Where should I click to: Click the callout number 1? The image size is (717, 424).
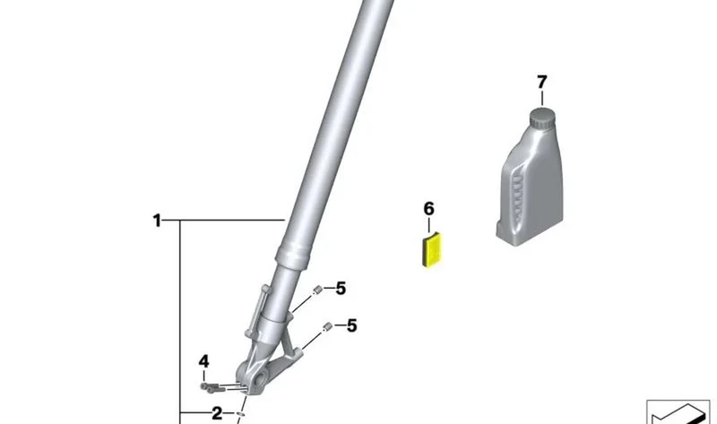157,221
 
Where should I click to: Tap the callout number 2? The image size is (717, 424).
217,413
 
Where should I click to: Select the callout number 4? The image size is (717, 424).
204,361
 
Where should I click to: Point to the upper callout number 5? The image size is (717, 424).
341,289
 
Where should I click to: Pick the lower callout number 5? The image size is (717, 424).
351,325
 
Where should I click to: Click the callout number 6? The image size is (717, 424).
428,209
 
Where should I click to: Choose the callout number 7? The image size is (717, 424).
542,82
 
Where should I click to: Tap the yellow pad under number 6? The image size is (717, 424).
431,250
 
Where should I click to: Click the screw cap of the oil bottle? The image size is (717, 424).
542,118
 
